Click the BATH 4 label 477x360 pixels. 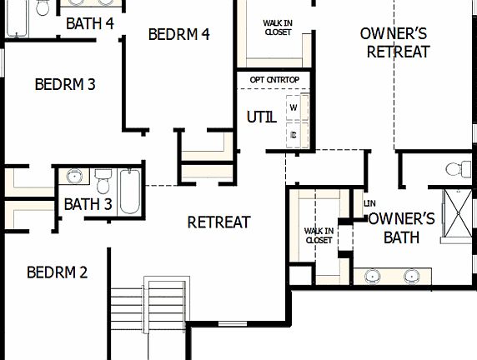[x=89, y=23]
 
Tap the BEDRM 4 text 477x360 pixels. [x=178, y=34]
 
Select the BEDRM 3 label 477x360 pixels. [x=65, y=84]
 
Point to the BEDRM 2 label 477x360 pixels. [x=57, y=272]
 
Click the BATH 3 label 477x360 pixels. [x=88, y=204]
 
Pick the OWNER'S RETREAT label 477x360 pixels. [x=394, y=42]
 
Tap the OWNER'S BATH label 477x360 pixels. [x=402, y=227]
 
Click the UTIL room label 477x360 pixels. [x=261, y=117]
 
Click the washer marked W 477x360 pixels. [x=294, y=107]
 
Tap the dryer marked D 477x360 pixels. [x=294, y=133]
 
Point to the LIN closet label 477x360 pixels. [x=369, y=203]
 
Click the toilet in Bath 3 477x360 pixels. [x=103, y=181]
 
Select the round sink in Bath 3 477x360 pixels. [x=75, y=177]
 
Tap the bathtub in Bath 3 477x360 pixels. [x=129, y=192]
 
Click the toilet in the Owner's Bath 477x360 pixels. [x=456, y=169]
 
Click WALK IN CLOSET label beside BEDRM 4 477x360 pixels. [x=278, y=28]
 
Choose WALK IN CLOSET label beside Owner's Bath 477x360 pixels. [x=319, y=235]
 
